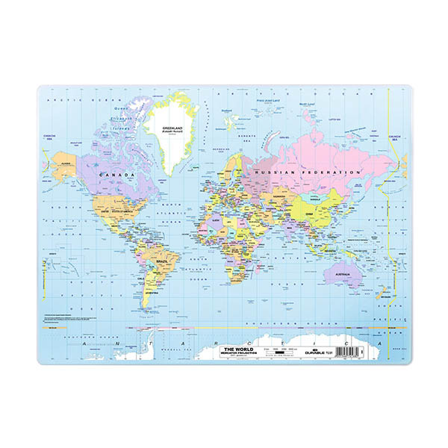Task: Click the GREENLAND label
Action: click(173, 128)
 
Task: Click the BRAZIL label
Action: click(161, 262)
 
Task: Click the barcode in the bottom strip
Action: click(349, 349)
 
